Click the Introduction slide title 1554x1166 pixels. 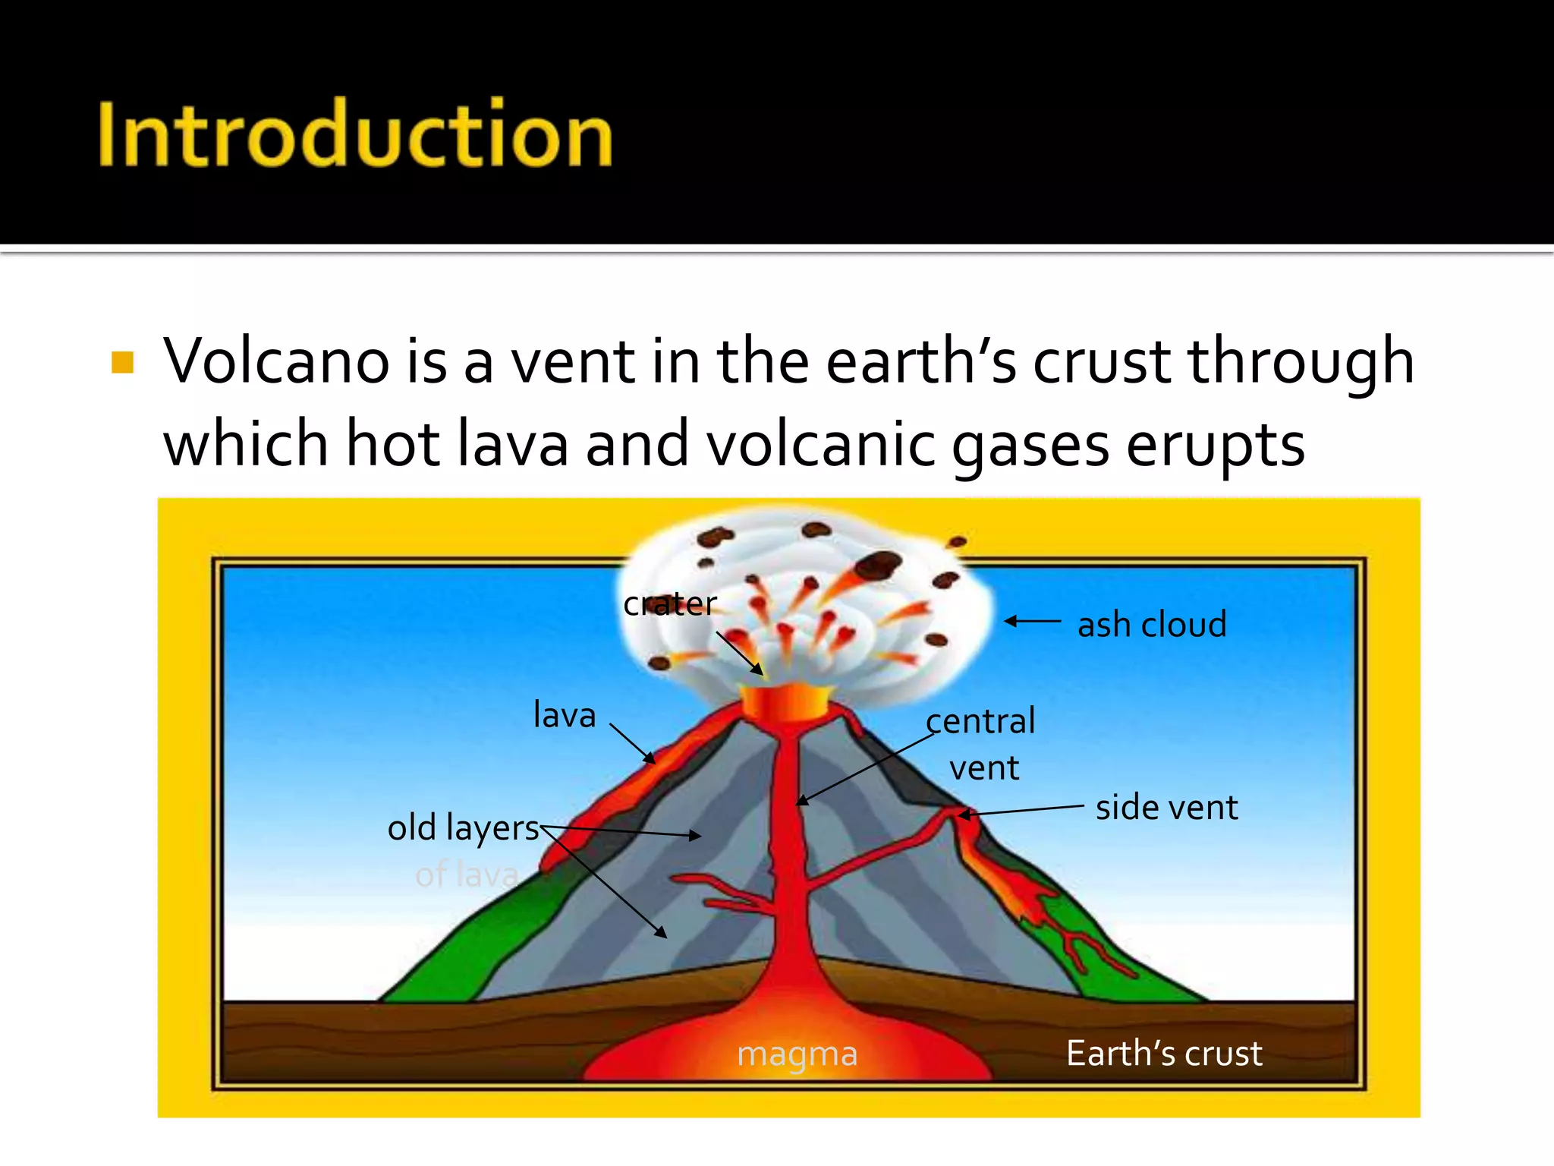coord(355,135)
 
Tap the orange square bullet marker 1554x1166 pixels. coord(122,362)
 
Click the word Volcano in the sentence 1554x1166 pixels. coord(277,362)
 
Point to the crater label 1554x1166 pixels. coord(669,604)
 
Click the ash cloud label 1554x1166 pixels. coord(1151,625)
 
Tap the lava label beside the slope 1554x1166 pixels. coord(565,715)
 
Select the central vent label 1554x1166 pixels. coord(982,744)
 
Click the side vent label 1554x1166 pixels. coord(1166,807)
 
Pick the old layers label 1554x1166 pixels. coord(463,827)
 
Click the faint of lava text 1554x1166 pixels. coord(467,875)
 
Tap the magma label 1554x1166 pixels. coord(797,1054)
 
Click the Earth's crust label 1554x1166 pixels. coord(1163,1054)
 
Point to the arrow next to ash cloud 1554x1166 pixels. coord(1032,621)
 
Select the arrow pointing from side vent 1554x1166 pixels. coord(1021,811)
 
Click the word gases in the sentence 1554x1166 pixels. coord(1029,445)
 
